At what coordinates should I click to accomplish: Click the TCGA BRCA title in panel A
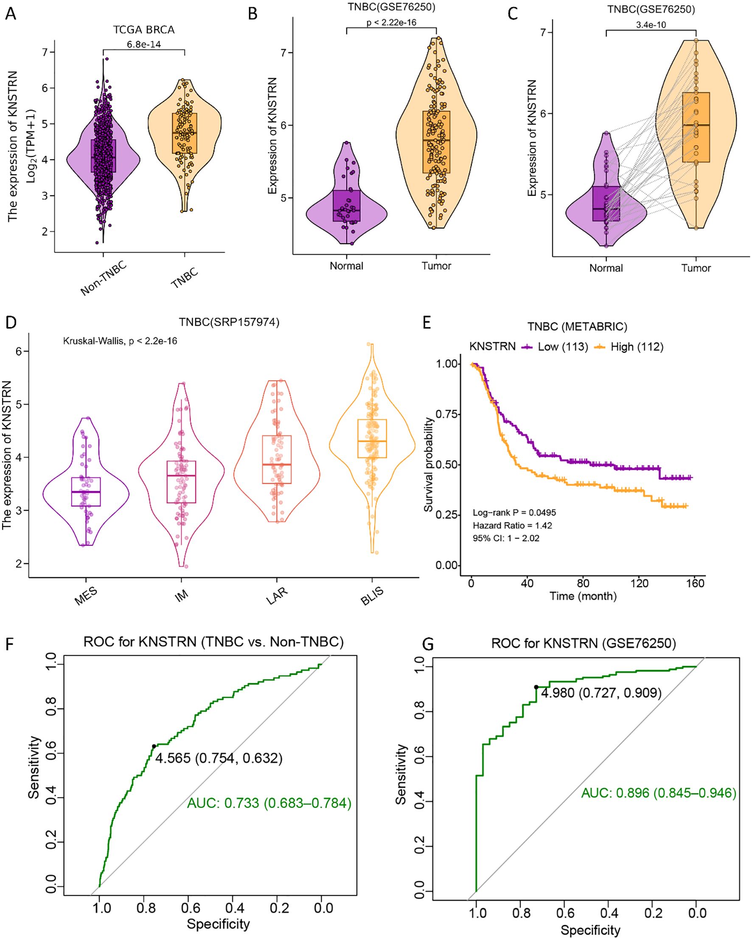click(143, 30)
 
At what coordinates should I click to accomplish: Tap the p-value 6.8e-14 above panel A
click(143, 45)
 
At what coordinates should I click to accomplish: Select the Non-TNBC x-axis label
click(104, 278)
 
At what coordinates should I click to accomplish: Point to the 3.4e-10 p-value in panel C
click(651, 25)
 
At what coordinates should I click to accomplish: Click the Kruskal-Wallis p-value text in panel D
click(120, 341)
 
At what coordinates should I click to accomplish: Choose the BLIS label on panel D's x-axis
click(372, 596)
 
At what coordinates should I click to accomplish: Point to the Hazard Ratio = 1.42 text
click(512, 525)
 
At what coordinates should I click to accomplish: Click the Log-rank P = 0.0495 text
click(514, 513)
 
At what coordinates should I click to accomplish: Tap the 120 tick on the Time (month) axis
click(639, 583)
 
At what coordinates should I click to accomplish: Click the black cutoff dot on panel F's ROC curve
click(154, 747)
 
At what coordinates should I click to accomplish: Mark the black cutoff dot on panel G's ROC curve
click(536, 687)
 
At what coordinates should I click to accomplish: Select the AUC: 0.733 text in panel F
click(269, 803)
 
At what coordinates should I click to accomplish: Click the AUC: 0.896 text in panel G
click(659, 792)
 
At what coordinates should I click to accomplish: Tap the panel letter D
click(11, 323)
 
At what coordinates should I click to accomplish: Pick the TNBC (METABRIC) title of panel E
click(577, 327)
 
